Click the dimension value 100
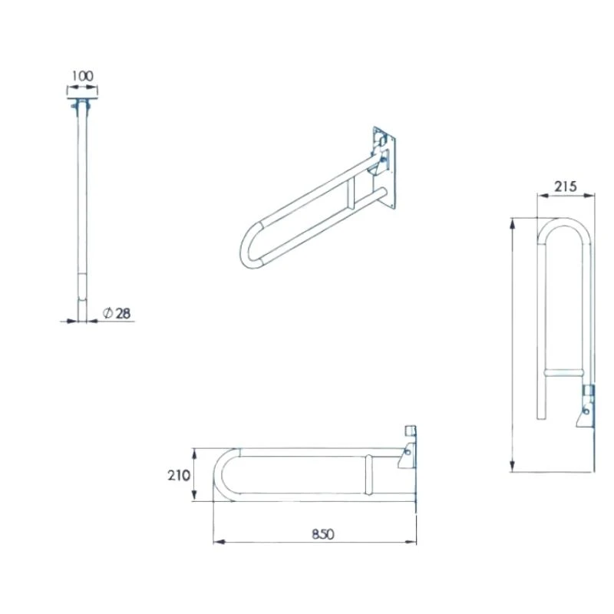coord(82,76)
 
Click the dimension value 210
coord(178,475)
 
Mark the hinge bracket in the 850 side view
coord(407,454)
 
